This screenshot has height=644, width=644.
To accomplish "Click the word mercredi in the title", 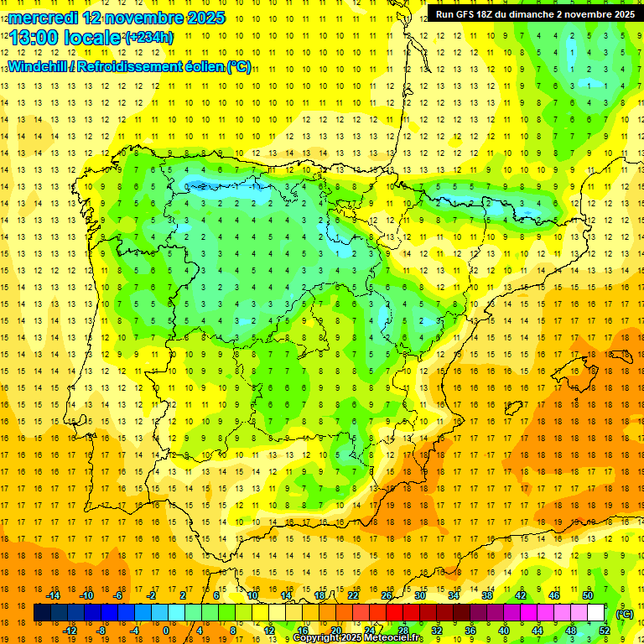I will click(x=44, y=17).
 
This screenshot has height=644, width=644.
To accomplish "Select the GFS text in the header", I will click(x=464, y=14).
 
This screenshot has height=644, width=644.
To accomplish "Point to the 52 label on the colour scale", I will click(x=604, y=630).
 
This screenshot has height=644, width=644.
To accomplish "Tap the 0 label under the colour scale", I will click(x=166, y=630).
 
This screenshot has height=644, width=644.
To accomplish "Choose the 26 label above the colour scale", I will click(x=387, y=595).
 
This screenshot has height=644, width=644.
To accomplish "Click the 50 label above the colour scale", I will click(x=588, y=595).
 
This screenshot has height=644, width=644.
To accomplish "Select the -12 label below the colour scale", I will click(x=70, y=630).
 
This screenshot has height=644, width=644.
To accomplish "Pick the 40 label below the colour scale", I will click(x=504, y=630).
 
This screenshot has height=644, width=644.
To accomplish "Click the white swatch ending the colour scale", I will click(x=595, y=613).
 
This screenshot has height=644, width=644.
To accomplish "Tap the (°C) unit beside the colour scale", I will click(x=624, y=614).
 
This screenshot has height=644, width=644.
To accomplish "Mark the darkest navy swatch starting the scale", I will click(x=42, y=613).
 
